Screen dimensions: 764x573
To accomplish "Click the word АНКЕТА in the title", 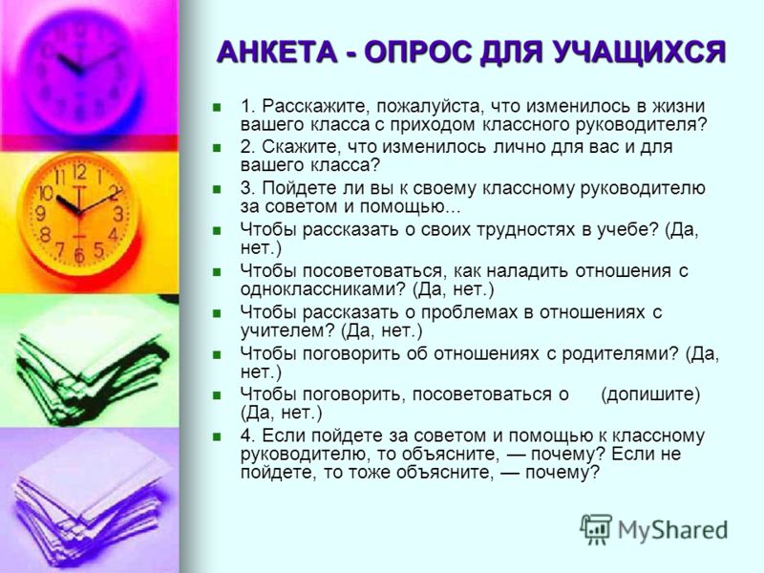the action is coord(277,52).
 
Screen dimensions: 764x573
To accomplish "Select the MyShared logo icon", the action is coord(595,529).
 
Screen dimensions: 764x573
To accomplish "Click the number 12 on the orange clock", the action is coord(79,171).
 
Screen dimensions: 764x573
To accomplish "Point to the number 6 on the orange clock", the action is coord(79,255).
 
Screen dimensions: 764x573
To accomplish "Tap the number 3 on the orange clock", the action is coord(118,214).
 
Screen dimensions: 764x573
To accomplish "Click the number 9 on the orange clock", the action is coord(41,213).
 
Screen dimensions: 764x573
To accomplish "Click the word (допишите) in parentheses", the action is coord(650,394).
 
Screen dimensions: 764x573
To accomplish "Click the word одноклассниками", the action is coord(323,290).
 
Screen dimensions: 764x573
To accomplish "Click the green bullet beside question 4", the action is coord(218,436).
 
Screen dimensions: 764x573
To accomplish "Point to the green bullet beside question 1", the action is coord(218,107).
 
